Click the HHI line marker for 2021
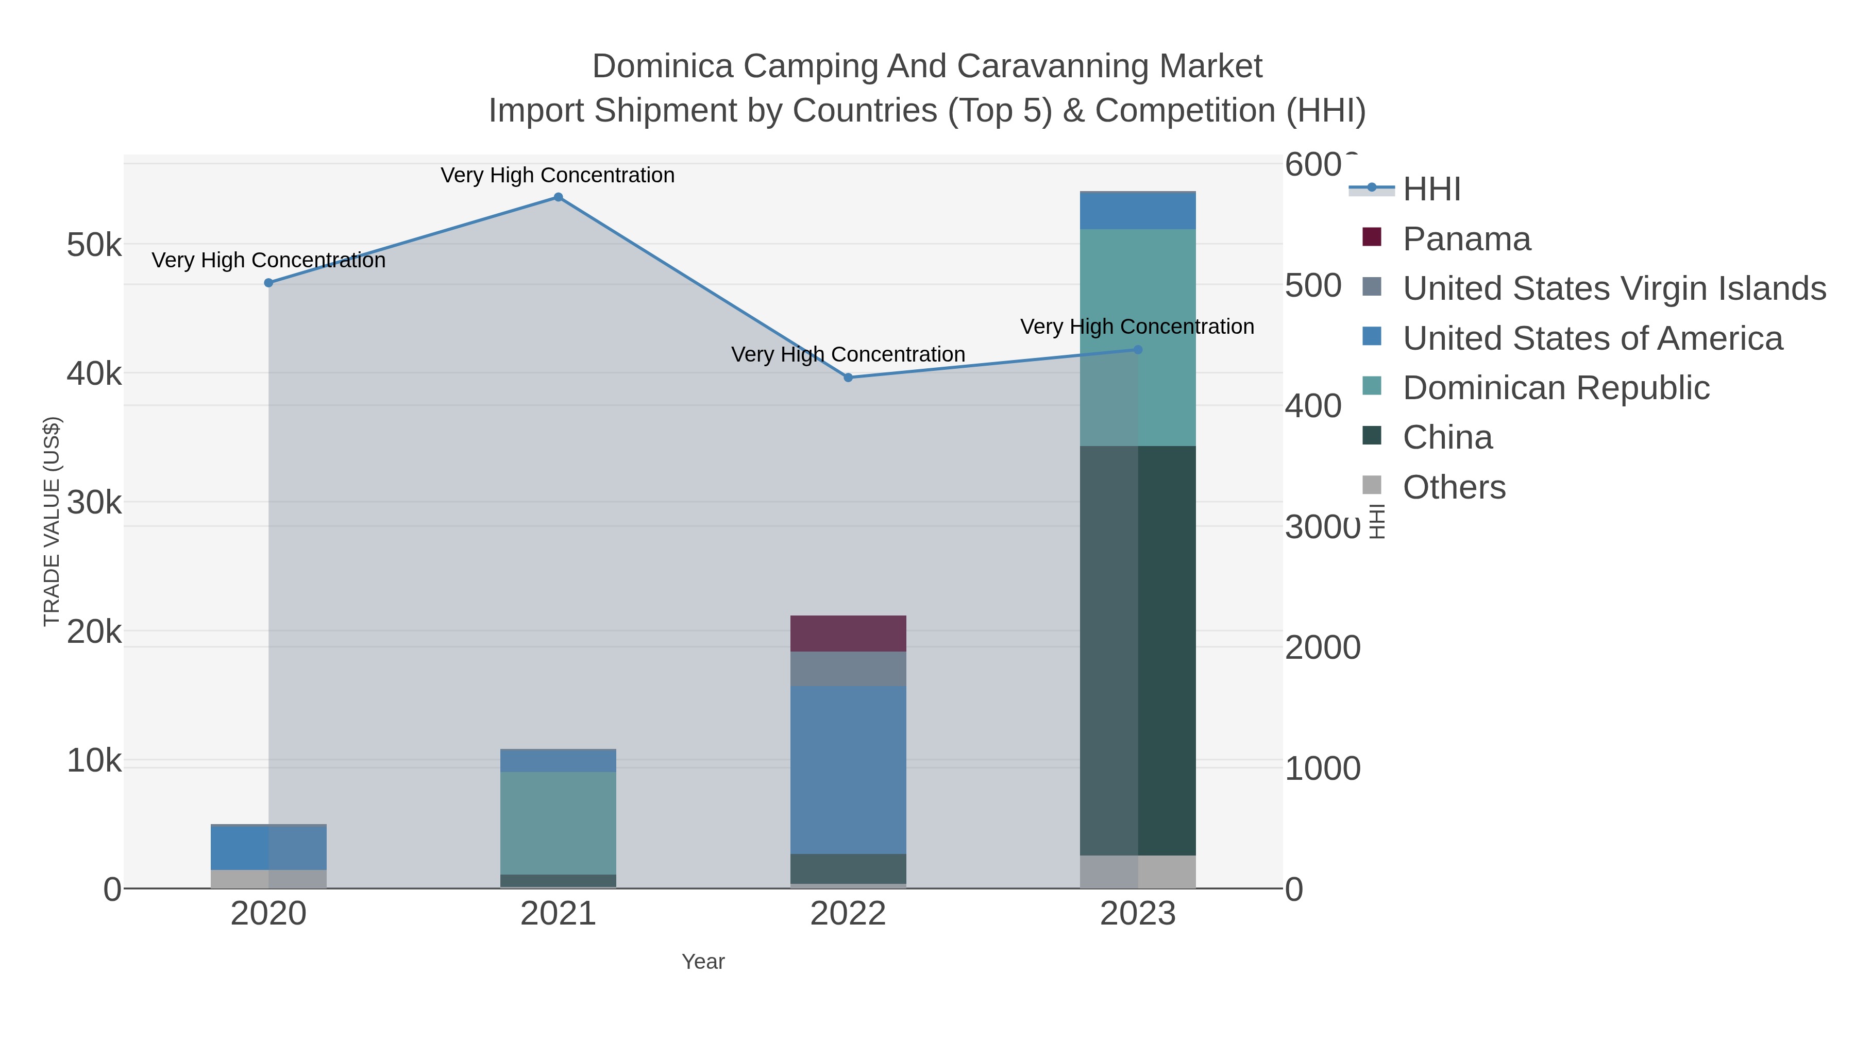[558, 197]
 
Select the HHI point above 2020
[268, 283]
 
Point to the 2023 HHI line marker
[1138, 350]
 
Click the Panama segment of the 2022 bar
[848, 634]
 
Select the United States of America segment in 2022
[848, 770]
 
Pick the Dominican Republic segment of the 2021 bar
[558, 823]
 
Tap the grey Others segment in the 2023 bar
[1167, 871]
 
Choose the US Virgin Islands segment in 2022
[848, 669]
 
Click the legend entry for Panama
[1466, 239]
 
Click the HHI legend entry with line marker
[1431, 190]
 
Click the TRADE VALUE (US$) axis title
[52, 521]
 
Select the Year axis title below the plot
[703, 962]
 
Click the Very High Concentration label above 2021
[558, 175]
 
